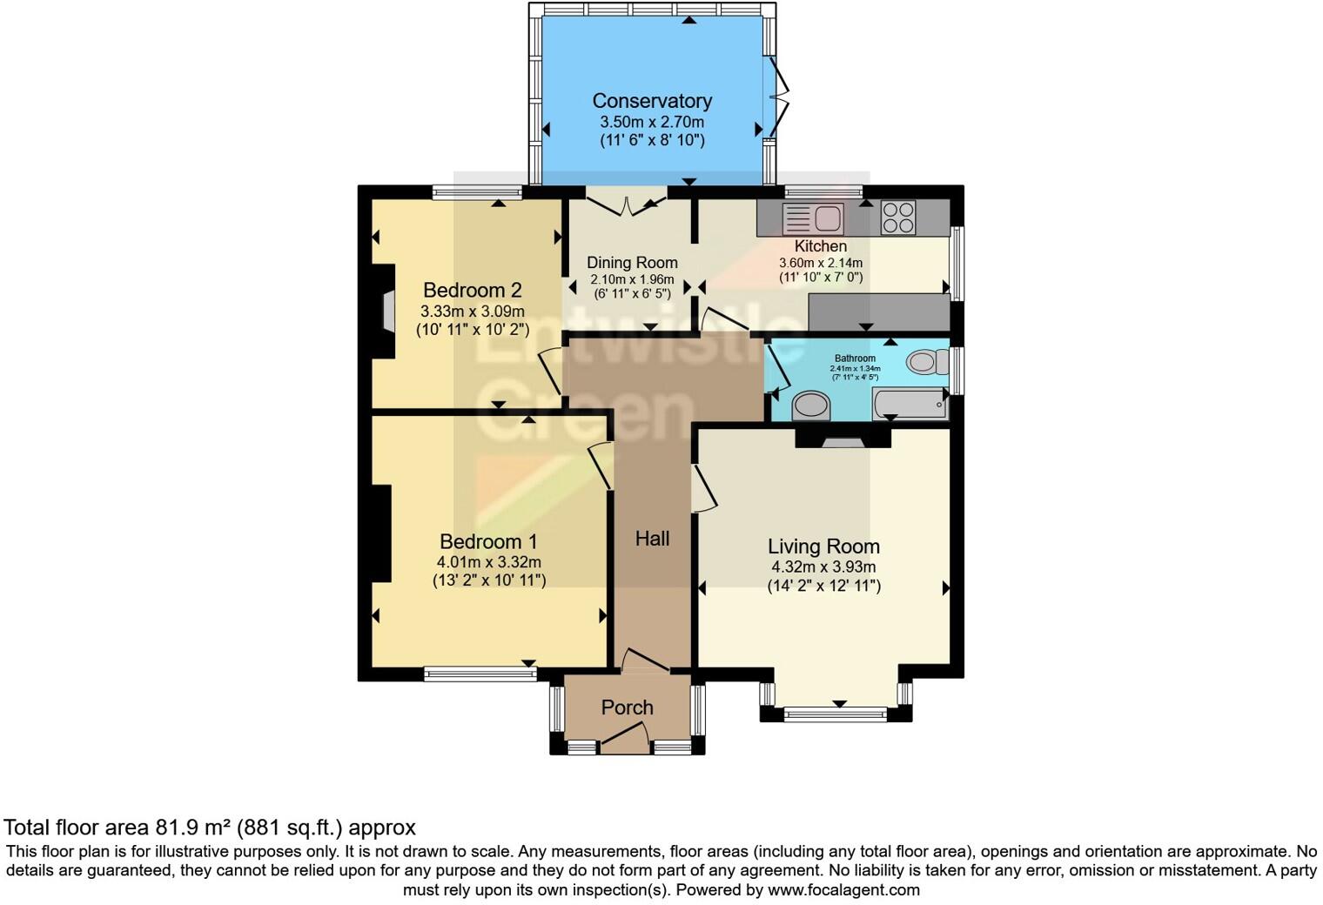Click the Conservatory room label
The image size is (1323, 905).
point(652,101)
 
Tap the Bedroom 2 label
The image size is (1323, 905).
point(472,291)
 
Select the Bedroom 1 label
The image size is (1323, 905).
point(488,541)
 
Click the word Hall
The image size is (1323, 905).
point(652,539)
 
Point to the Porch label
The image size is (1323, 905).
point(627,707)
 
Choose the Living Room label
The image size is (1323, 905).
point(823,546)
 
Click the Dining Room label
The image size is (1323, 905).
point(632,263)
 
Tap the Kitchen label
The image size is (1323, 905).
point(820,246)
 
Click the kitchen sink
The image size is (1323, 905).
point(813,218)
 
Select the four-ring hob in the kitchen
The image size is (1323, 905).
point(898,218)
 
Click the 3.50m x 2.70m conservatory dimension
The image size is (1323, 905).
point(652,123)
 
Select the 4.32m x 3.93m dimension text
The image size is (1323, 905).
point(823,567)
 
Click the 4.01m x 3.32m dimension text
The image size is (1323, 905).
point(488,562)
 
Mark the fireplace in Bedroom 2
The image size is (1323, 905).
point(387,311)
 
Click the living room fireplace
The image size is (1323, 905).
point(843,439)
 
